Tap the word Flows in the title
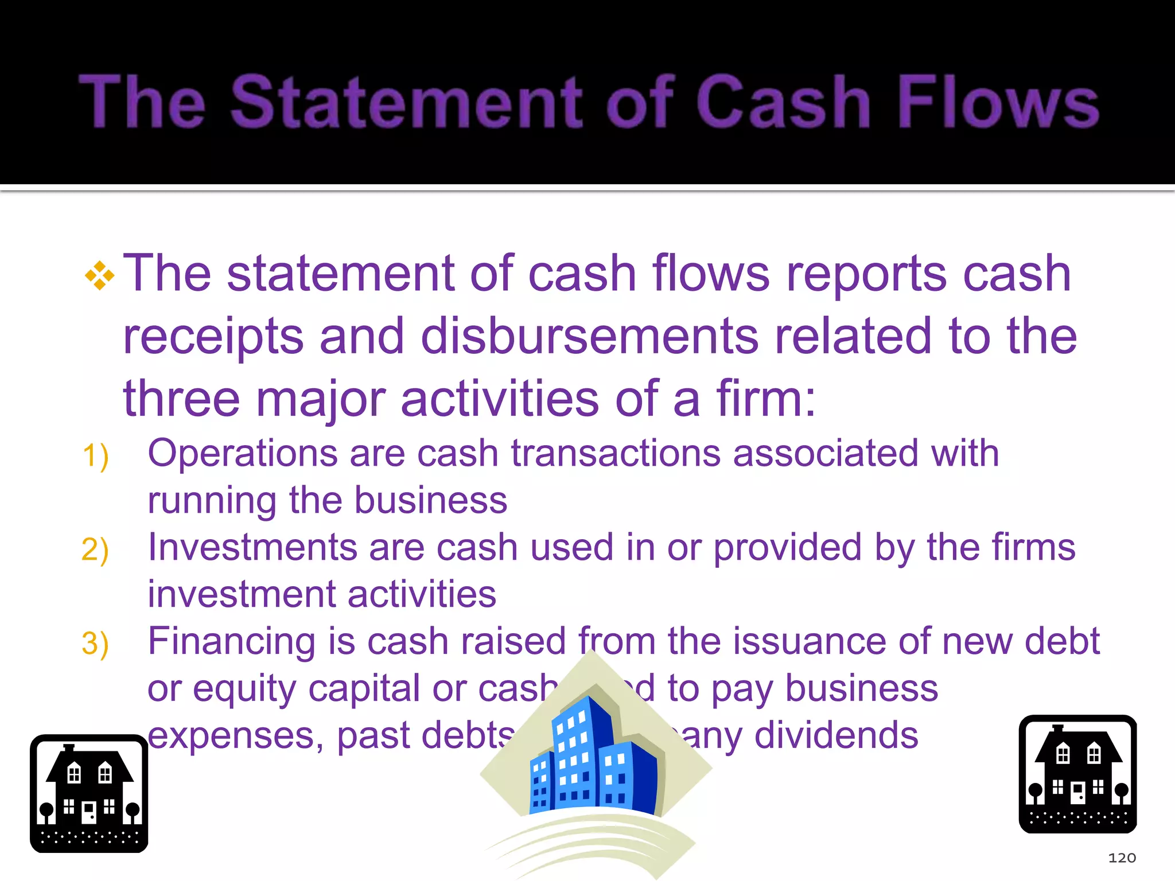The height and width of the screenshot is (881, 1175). coord(998,102)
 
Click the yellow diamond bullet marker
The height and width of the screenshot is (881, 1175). coord(99,276)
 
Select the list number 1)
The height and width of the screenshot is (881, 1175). coord(95,457)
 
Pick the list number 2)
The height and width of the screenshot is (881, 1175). coord(95,550)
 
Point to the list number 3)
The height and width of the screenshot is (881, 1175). coord(95,644)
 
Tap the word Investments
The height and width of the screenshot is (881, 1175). coord(252,547)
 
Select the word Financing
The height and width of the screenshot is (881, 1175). coord(232,641)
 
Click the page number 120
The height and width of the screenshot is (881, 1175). coord(1122,858)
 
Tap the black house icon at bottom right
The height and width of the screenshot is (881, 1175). coord(1077,774)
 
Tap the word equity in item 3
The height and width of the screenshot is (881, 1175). coord(244,689)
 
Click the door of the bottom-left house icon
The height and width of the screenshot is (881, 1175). coord(89,812)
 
